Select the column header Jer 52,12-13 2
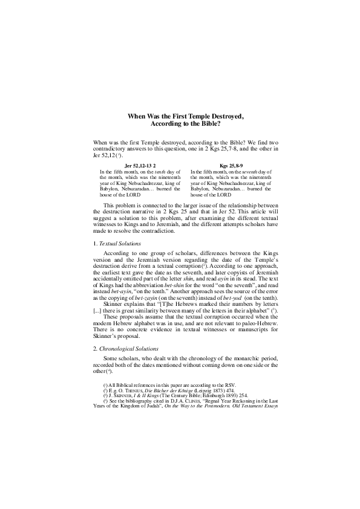140,165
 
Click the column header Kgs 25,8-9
231,165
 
